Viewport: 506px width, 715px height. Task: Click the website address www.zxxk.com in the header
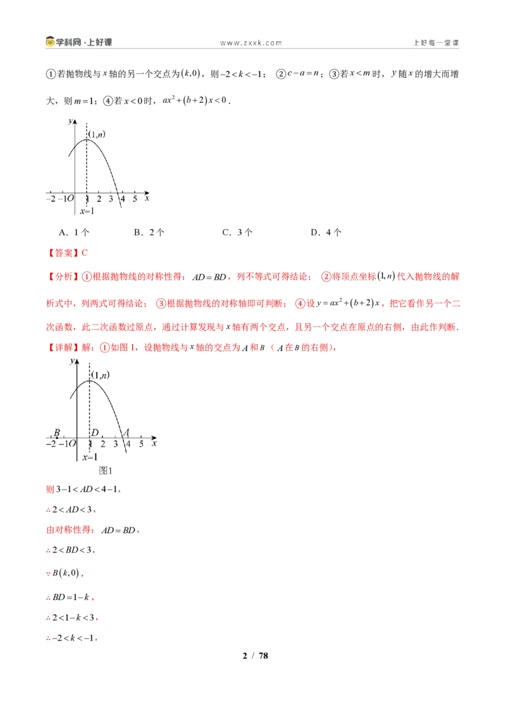250,43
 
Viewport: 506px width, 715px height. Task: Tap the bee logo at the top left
50,42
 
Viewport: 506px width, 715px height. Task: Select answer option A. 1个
74,232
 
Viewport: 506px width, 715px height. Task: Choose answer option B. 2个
149,232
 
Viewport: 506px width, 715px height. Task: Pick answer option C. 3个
237,232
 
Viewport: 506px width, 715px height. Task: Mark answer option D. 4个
326,232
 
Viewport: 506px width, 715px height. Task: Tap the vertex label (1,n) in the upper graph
97,134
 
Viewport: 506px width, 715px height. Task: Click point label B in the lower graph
57,432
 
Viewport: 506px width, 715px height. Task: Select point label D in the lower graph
95,432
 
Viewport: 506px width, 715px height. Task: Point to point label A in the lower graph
126,432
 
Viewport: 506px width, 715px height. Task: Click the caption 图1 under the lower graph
106,471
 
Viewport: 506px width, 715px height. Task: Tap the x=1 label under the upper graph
87,211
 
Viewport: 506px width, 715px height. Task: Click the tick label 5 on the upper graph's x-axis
135,199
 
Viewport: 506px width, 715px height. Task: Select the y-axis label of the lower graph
71,361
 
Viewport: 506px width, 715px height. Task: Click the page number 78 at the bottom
264,656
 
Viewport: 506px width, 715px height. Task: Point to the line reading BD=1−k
70,598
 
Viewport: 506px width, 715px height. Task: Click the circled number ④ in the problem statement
108,101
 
